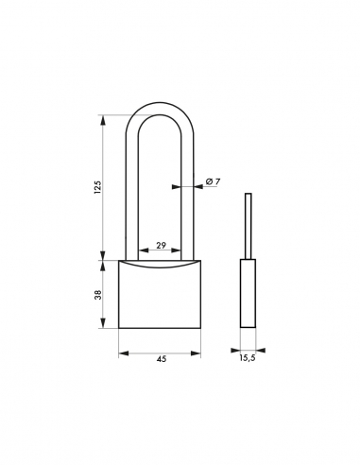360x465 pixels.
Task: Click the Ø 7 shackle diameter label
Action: [x=214, y=181]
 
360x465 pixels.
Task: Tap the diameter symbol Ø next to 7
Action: [x=209, y=181]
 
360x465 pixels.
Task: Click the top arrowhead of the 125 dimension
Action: [x=103, y=118]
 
